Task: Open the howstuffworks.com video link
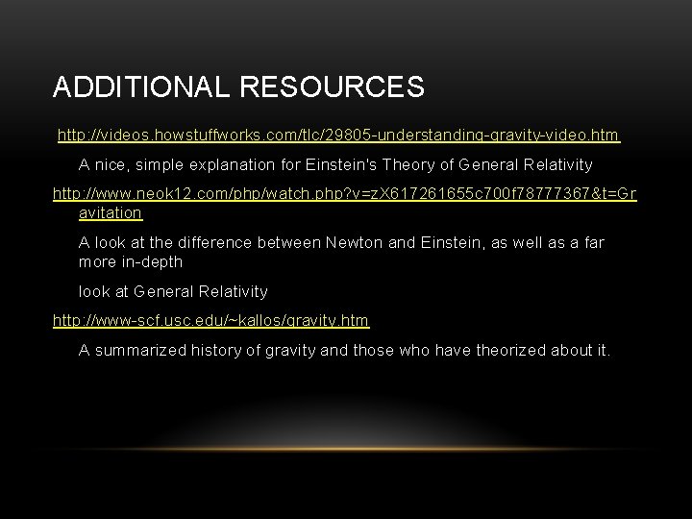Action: (338, 136)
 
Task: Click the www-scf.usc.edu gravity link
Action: (210, 319)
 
